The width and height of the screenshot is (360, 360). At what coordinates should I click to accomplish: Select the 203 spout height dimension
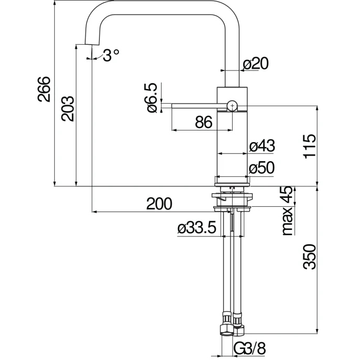tap(67, 108)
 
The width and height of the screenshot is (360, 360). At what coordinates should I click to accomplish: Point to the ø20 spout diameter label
tap(256, 64)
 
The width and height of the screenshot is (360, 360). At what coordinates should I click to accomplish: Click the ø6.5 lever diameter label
tap(150, 97)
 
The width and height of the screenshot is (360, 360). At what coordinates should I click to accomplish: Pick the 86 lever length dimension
tap(203, 122)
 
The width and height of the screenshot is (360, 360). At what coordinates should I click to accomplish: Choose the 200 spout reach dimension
tap(159, 204)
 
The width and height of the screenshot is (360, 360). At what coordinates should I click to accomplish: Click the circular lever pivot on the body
tap(232, 106)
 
